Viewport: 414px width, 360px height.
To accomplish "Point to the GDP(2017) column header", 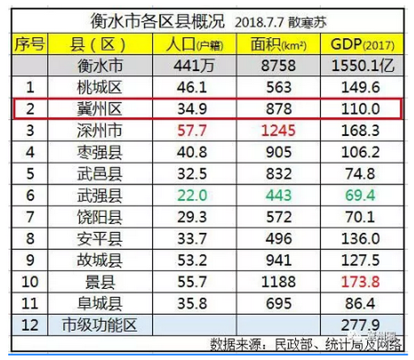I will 360,44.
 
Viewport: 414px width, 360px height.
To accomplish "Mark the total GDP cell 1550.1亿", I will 360,66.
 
